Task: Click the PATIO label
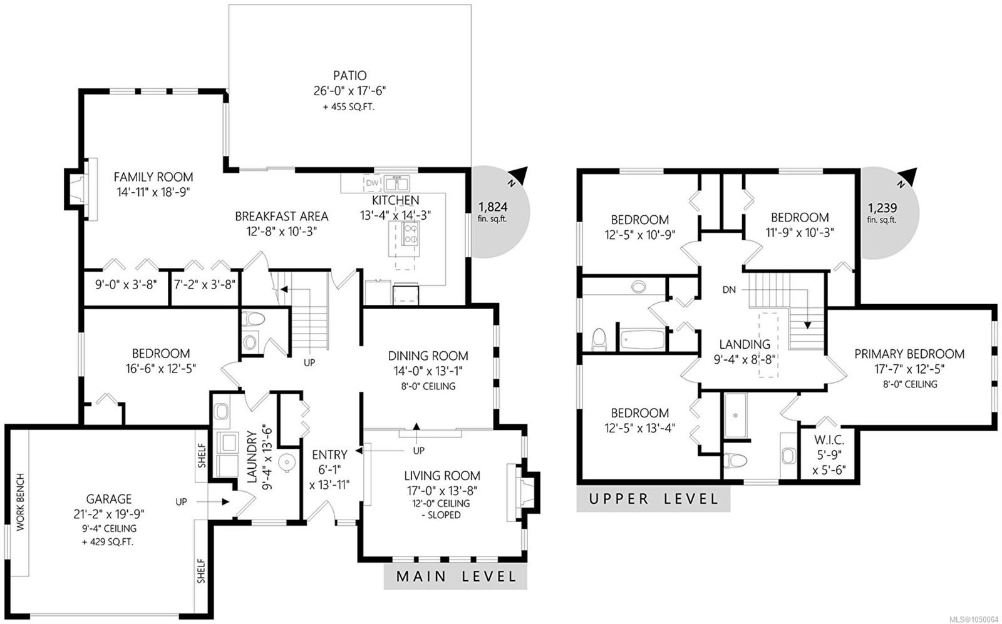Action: (x=349, y=75)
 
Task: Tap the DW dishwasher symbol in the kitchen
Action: (x=372, y=183)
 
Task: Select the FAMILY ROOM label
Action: (x=153, y=177)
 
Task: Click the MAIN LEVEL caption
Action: (x=456, y=576)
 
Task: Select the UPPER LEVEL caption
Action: (x=654, y=498)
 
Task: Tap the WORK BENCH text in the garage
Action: (x=21, y=502)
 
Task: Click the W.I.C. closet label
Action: (x=829, y=440)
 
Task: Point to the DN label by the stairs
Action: (x=729, y=290)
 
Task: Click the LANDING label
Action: (x=745, y=344)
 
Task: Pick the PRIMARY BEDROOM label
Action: (x=909, y=354)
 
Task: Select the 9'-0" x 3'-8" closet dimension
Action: (x=126, y=284)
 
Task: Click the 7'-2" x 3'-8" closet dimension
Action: (x=204, y=284)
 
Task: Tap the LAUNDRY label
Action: (x=252, y=456)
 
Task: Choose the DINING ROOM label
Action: (x=428, y=355)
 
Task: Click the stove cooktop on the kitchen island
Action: (x=411, y=234)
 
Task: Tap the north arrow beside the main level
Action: (x=519, y=175)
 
